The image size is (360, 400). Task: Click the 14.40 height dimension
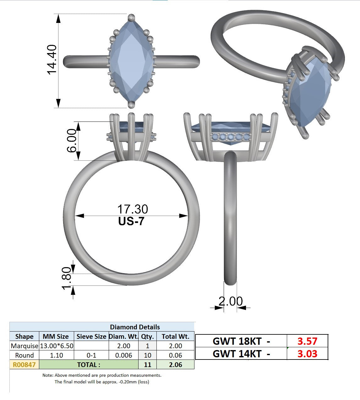click(x=52, y=60)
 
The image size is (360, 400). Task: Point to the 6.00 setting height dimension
click(x=72, y=141)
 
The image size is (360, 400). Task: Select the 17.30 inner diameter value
click(x=133, y=209)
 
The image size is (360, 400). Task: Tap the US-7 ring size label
click(x=131, y=221)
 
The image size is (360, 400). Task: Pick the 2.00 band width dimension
click(x=231, y=301)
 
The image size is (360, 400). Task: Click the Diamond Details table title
click(x=135, y=327)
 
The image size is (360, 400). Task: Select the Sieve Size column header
click(x=91, y=336)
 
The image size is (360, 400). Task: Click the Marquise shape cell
click(x=25, y=346)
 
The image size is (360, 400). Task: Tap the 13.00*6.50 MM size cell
click(x=57, y=346)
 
